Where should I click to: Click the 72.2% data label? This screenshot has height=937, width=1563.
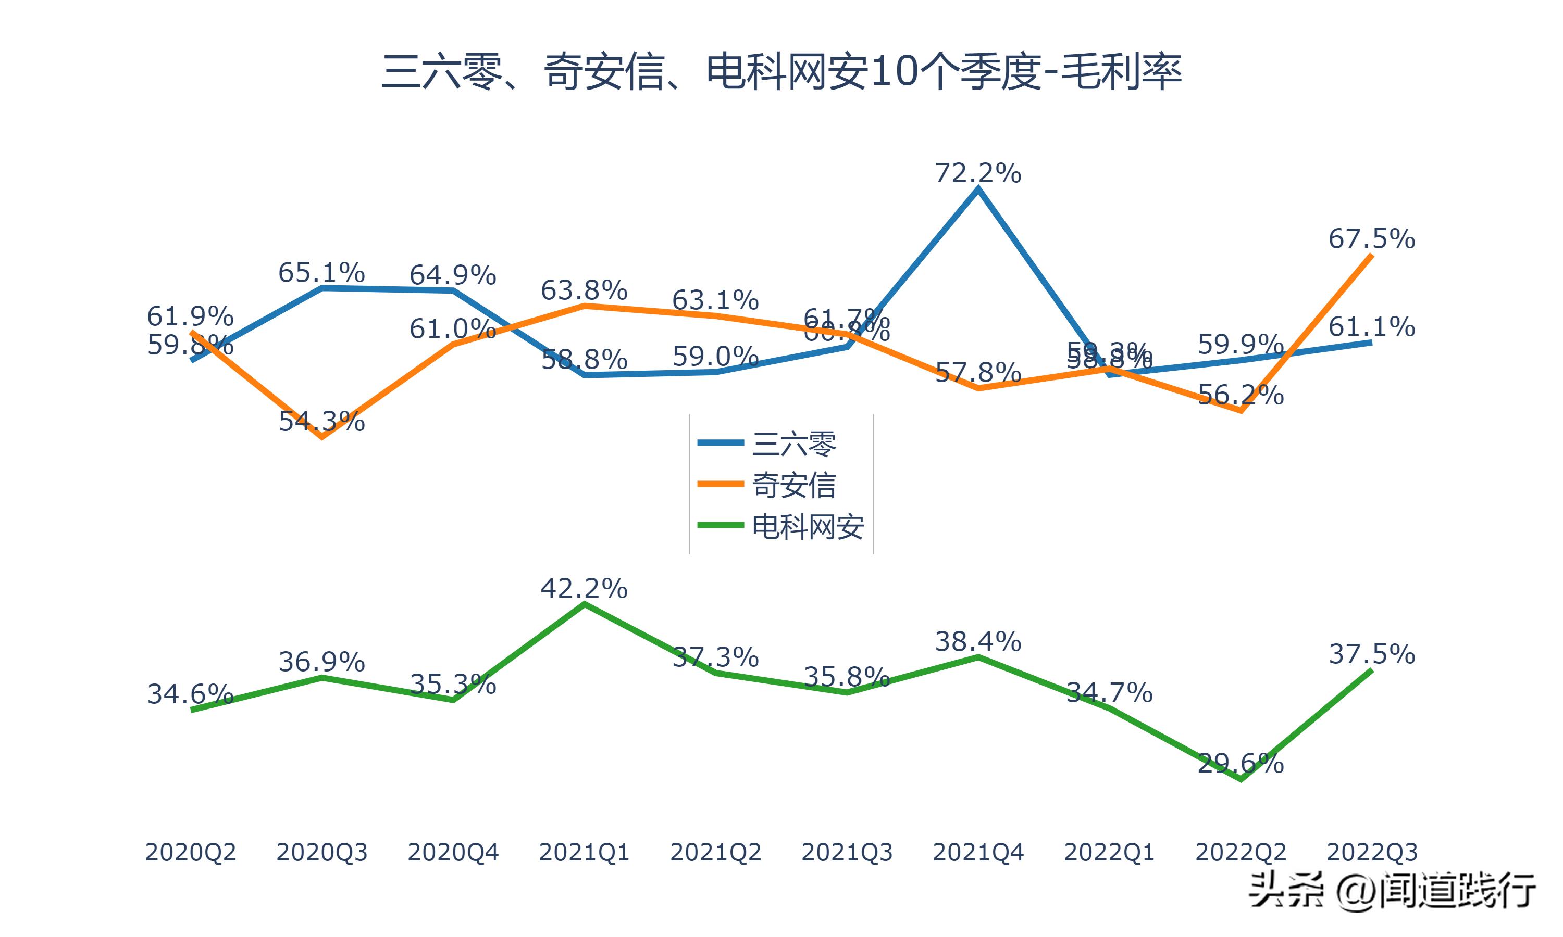point(977,173)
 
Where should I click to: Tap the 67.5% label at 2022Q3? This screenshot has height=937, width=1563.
point(1372,238)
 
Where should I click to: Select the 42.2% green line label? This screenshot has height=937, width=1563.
point(584,588)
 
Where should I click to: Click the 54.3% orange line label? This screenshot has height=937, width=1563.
point(321,421)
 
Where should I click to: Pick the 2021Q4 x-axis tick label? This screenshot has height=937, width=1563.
point(977,852)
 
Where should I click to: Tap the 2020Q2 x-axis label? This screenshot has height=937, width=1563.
point(190,852)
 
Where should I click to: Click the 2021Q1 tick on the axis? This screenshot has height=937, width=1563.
point(584,852)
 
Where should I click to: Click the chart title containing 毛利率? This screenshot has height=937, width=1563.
point(781,71)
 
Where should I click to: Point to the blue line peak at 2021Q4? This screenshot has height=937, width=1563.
point(978,189)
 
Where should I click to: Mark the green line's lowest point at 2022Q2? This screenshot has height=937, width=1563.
point(1242,780)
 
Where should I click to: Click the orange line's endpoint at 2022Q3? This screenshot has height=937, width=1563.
point(1371,255)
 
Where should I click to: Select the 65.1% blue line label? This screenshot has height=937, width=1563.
point(321,272)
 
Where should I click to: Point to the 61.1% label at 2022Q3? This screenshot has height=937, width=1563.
point(1372,326)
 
